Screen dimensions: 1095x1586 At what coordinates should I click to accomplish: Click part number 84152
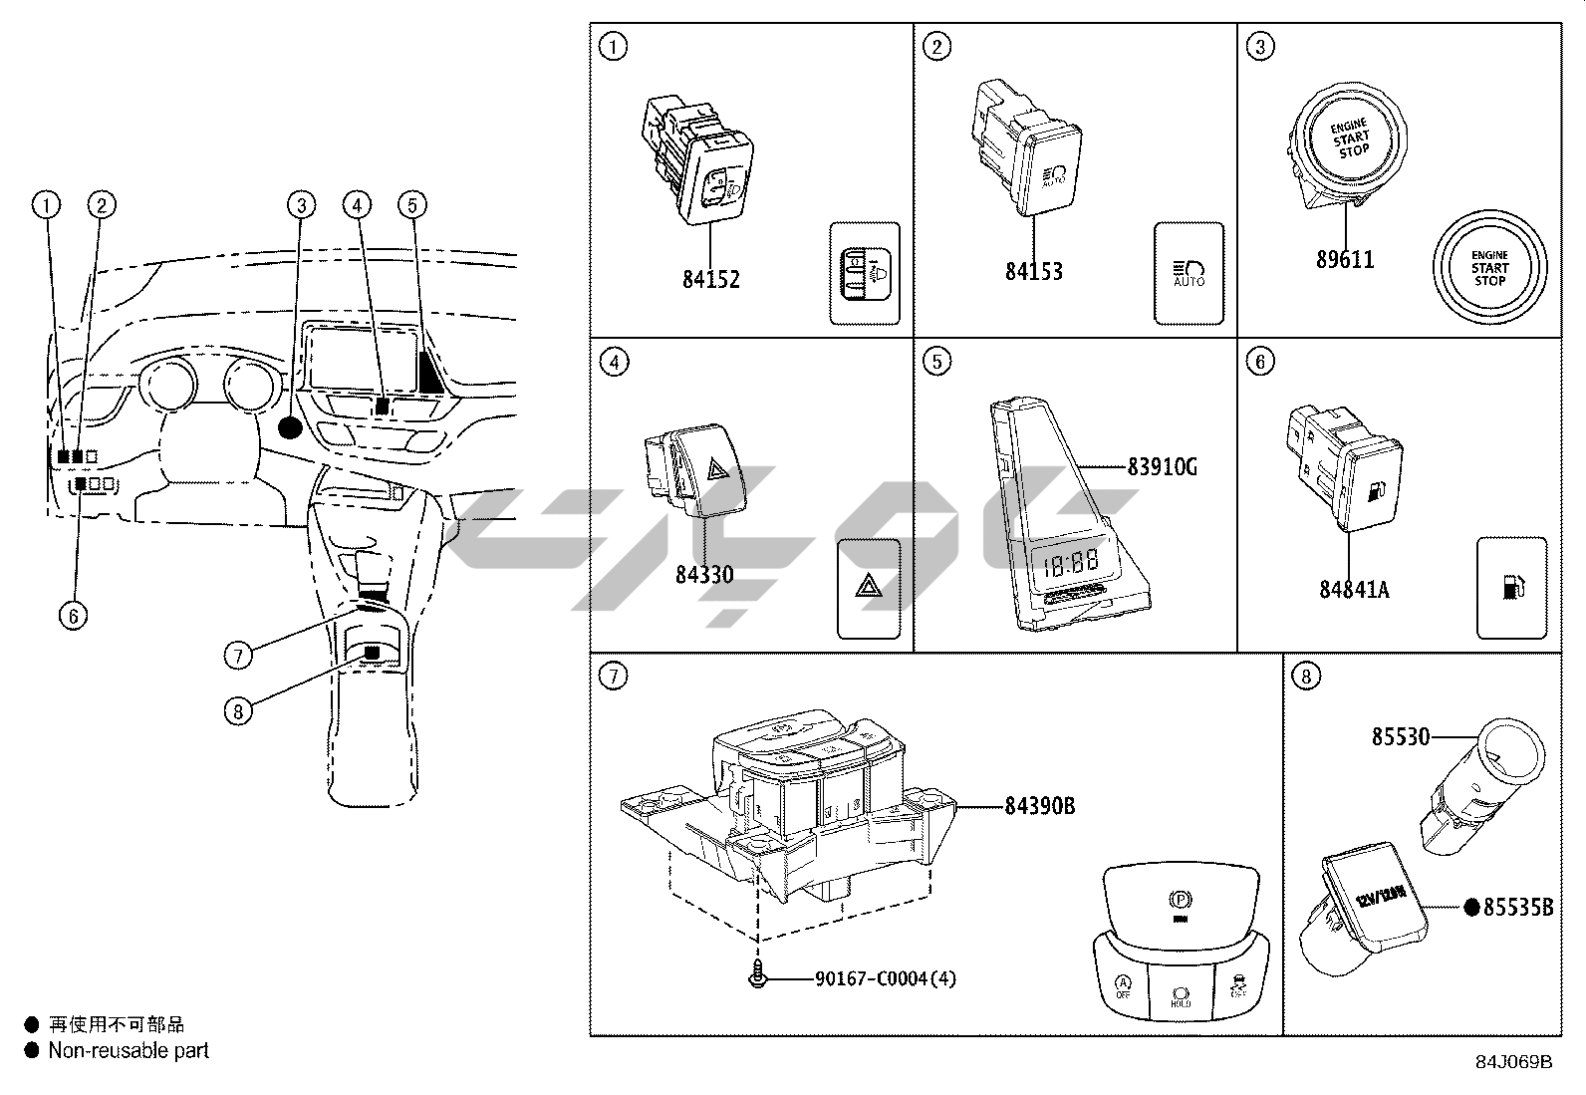(710, 279)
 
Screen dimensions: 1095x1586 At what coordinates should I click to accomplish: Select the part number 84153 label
(1033, 271)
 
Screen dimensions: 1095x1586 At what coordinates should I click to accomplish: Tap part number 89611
(1344, 259)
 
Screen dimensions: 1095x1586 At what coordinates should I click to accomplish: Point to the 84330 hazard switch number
(703, 574)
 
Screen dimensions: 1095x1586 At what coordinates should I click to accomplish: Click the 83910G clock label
(1162, 466)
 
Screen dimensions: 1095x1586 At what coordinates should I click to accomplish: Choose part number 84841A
(1354, 589)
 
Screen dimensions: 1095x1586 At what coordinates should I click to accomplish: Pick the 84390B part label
(1039, 805)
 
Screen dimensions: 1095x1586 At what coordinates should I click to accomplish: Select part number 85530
(1400, 737)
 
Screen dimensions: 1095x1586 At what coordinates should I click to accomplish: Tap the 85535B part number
(1517, 908)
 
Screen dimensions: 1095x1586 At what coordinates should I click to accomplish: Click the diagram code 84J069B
(1514, 1061)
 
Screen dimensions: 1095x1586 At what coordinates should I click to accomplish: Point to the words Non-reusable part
(129, 1050)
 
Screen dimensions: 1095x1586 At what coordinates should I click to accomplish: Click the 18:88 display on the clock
(1070, 565)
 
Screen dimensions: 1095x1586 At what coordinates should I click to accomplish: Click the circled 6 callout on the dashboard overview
(73, 616)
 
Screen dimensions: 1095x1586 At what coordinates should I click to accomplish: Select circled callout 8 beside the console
(237, 711)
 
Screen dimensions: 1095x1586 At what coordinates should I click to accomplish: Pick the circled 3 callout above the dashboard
(301, 205)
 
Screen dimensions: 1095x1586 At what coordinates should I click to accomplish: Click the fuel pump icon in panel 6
(1511, 587)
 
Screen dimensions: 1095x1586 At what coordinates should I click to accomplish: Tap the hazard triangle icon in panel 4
(868, 588)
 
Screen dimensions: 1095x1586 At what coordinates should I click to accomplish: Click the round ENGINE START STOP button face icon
(1489, 267)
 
